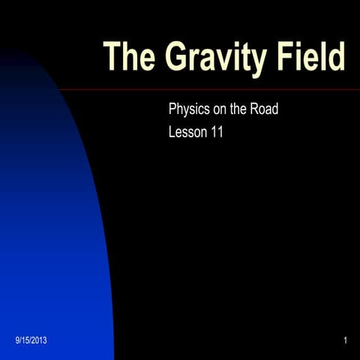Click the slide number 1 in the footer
344,342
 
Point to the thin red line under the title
225,89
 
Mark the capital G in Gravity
174,58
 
